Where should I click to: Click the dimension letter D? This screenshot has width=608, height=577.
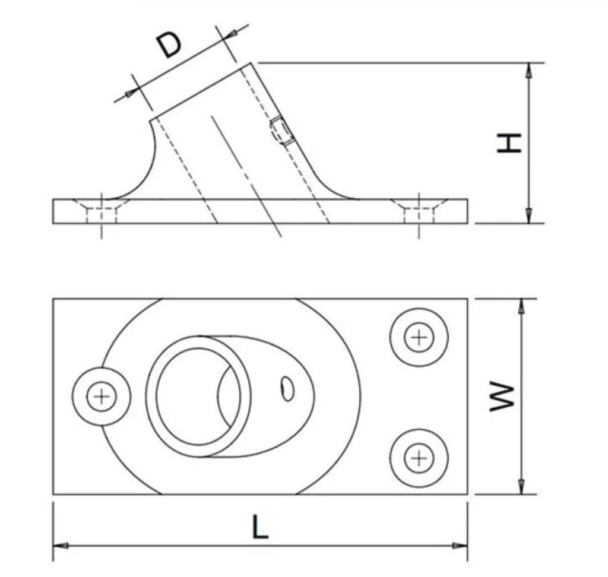(169, 45)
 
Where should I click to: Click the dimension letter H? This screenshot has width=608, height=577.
(509, 142)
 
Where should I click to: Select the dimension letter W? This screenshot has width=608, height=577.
(502, 397)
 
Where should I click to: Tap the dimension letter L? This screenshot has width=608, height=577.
(260, 527)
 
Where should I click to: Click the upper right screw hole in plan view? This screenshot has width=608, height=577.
(419, 337)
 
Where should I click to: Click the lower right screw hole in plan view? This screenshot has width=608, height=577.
(419, 458)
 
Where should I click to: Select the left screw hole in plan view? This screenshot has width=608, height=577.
(102, 397)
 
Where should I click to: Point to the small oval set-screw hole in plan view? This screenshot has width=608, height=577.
(287, 389)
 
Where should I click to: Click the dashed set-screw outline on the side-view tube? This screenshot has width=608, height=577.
(281, 131)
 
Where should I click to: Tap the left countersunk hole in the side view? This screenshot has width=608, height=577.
(102, 211)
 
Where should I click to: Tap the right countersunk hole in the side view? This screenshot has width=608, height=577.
(419, 211)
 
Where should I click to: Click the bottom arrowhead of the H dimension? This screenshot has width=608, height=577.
(528, 215)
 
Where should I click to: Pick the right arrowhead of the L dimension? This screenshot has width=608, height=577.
(460, 546)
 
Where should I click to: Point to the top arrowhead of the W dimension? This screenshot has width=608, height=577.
(521, 306)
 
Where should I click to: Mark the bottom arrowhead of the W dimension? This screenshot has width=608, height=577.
(521, 487)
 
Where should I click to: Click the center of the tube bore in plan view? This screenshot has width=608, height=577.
(198, 397)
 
